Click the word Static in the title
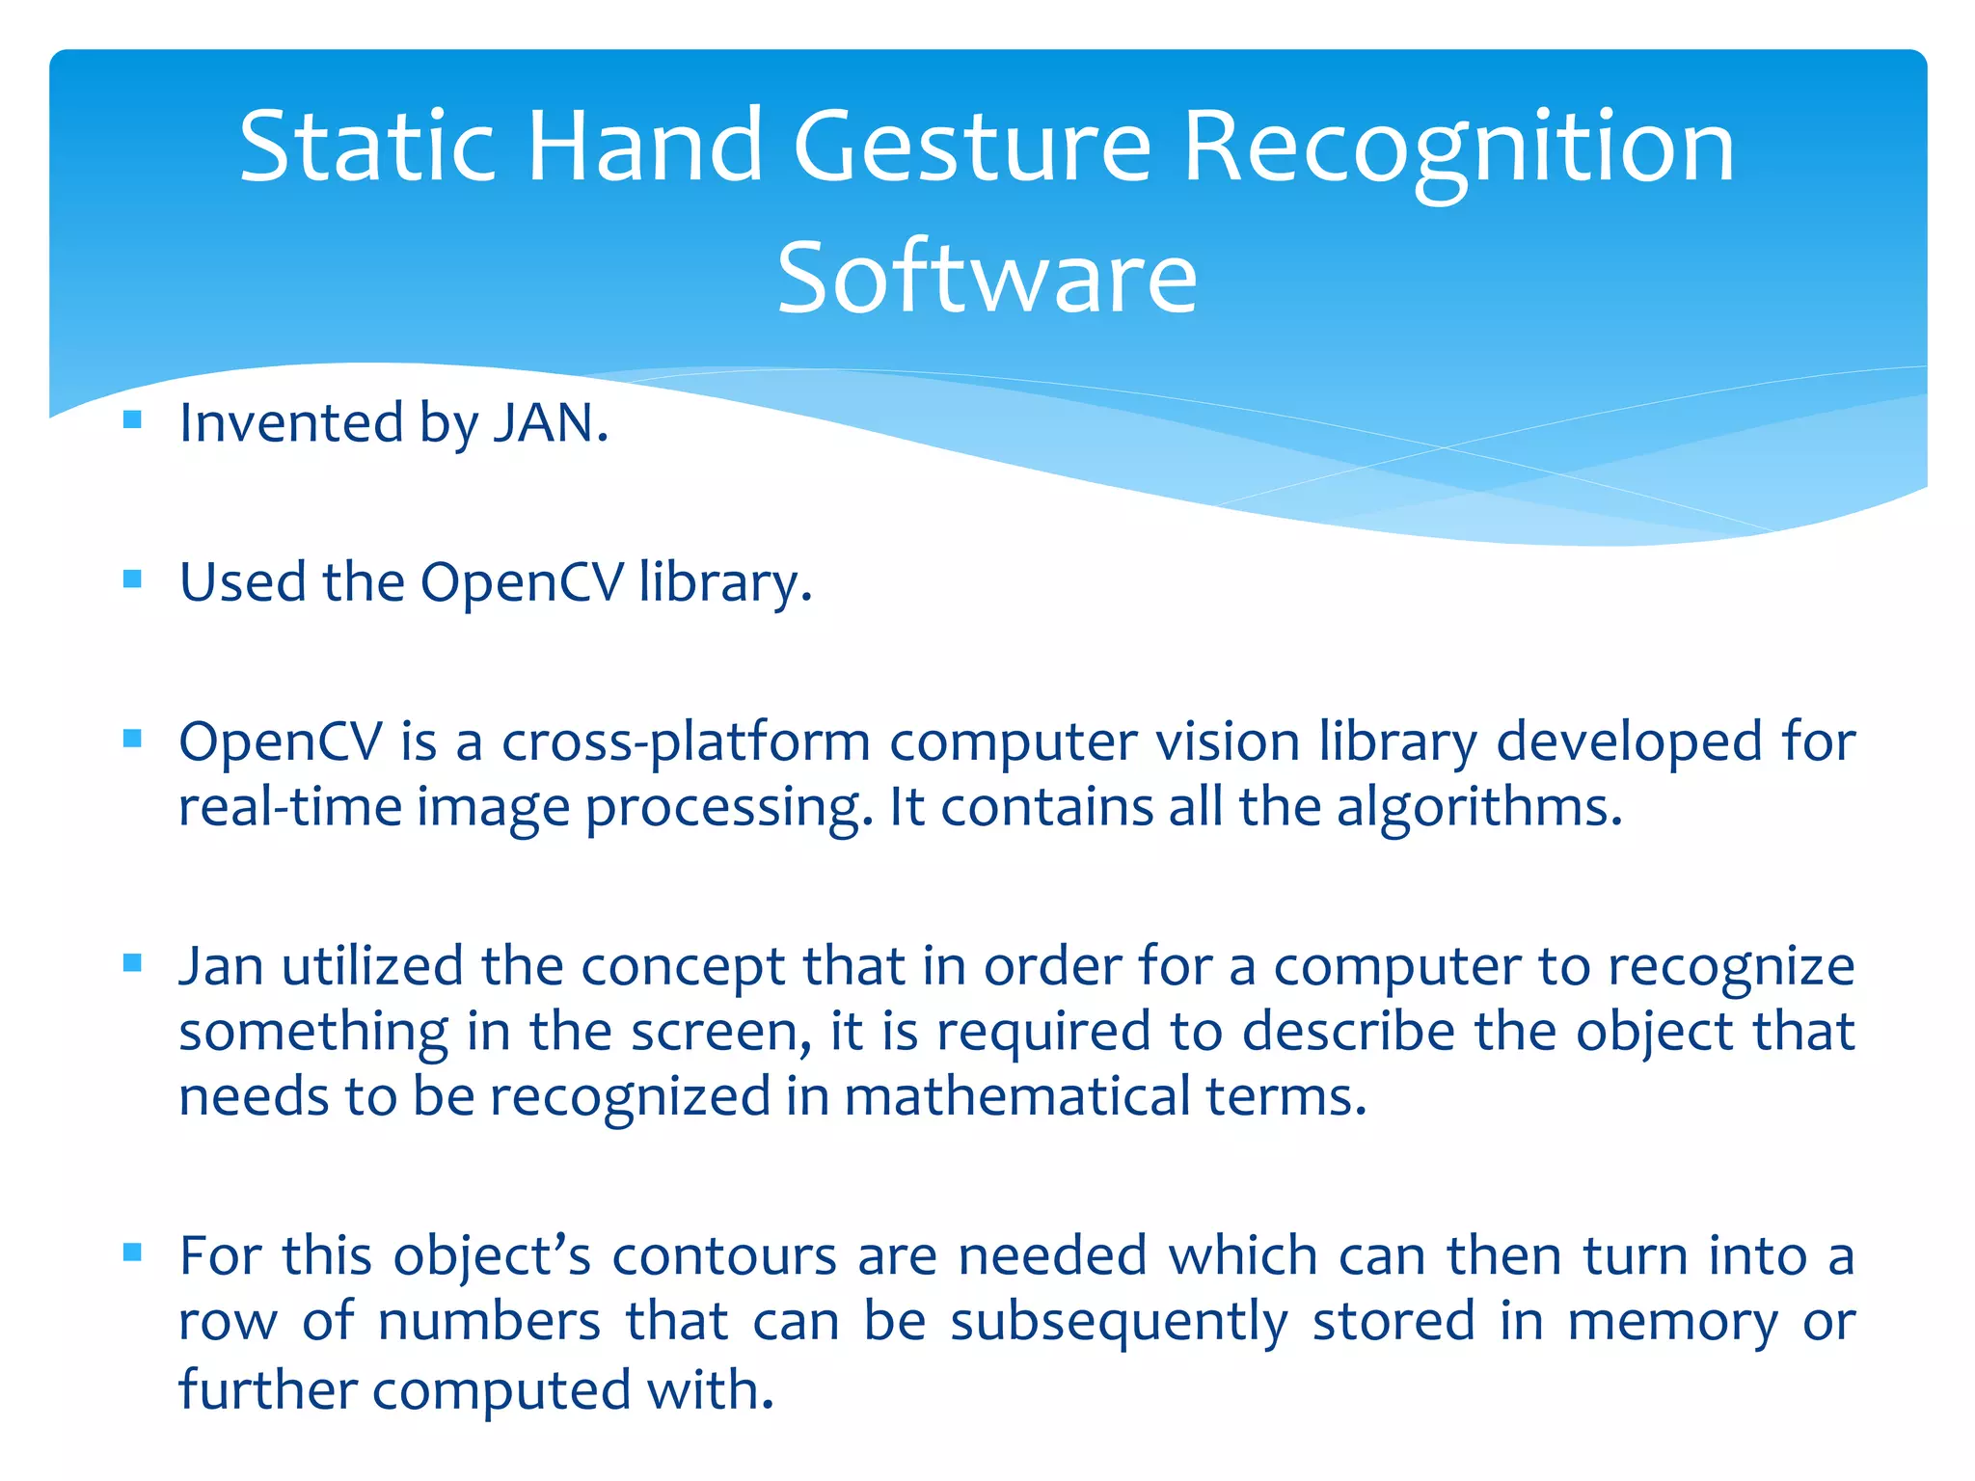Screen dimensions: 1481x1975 pos(366,147)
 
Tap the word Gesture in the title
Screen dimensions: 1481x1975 pos(972,147)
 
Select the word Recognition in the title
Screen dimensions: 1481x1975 pos(1458,147)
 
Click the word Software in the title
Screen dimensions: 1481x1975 pos(987,278)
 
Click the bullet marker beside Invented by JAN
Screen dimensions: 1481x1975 pos(133,419)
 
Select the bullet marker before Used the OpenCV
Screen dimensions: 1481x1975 pos(133,579)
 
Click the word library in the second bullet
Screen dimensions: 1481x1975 pos(724,582)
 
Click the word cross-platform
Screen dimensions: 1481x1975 pos(686,742)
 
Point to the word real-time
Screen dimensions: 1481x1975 pos(289,807)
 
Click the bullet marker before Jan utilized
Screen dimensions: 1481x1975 pos(133,962)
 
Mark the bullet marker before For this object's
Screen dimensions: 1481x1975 pos(133,1252)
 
